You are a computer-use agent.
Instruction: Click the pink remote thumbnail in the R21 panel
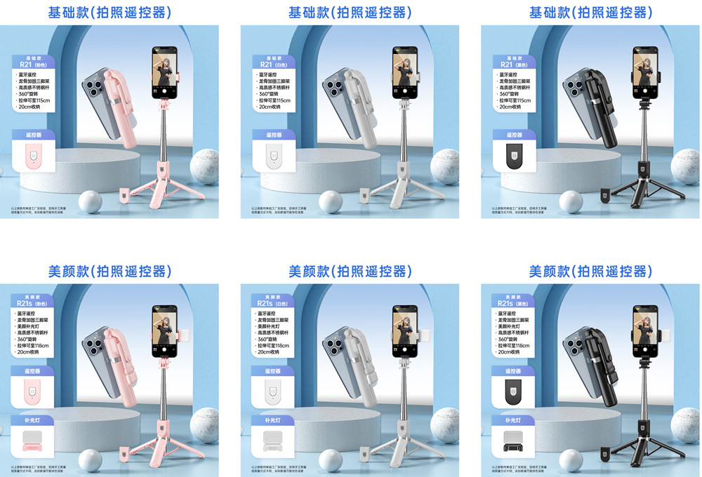pyautogui.click(x=32, y=157)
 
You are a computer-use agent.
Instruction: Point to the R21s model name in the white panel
pyautogui.click(x=265, y=304)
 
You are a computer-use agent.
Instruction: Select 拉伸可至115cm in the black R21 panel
pyautogui.click(x=517, y=101)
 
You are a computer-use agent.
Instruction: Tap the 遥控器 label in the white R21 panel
pyautogui.click(x=274, y=135)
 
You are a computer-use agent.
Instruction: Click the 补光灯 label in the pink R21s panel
pyautogui.click(x=32, y=420)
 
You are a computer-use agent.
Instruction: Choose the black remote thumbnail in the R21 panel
pyautogui.click(x=513, y=157)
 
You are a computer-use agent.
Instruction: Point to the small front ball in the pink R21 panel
pyautogui.click(x=90, y=202)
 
